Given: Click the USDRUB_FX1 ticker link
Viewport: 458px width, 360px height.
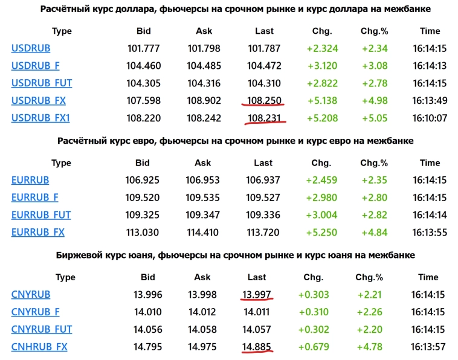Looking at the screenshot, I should pos(40,118).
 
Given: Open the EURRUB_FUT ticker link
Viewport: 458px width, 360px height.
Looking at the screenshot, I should pos(41,214).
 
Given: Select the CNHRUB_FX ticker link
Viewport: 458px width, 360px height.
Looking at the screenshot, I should pos(39,347).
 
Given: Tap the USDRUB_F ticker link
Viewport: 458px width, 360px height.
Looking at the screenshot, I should pos(35,65).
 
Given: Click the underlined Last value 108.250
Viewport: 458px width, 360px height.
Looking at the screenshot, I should pos(263,100).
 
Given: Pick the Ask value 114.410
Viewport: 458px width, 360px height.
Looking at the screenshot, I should pos(202,232).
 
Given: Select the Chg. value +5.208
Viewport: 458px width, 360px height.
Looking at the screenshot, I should pos(321,118).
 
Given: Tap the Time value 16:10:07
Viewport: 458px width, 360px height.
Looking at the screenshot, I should pos(430,118).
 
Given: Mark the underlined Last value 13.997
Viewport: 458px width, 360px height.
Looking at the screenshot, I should pos(257,295).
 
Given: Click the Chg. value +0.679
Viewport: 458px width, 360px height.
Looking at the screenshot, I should pos(313,347).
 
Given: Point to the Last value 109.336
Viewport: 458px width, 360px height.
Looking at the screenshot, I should pos(263,214).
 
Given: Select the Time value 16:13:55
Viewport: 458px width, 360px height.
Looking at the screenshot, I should pos(430,232).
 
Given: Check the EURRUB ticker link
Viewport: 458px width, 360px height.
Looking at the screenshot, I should pos(30,180).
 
